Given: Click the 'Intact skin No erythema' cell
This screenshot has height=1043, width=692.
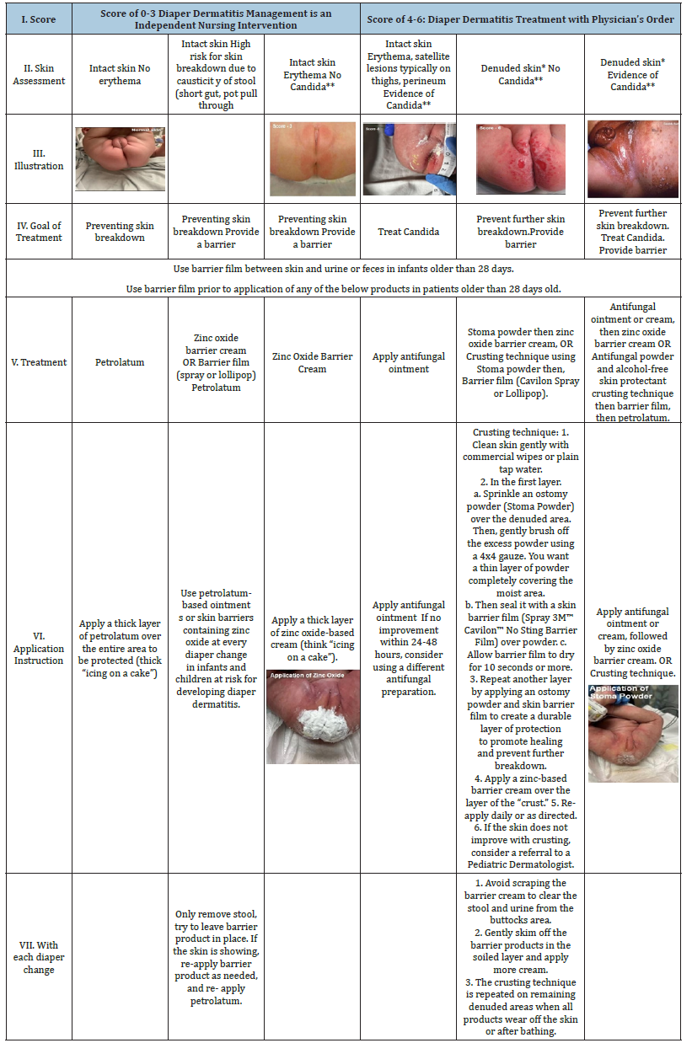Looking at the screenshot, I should coord(121,74).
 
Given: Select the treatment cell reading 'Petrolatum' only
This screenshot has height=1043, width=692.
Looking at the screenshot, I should coord(121,362).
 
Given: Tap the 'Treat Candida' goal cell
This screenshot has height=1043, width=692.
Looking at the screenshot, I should coord(408,232).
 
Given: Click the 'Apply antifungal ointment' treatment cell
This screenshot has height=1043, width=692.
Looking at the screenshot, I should coord(408,362).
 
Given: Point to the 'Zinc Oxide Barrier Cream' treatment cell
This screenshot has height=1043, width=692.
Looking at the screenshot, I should coord(312,362).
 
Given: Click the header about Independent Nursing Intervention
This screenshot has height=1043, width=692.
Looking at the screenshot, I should coord(216,18).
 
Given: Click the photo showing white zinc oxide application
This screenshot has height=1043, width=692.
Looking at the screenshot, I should coord(313,716).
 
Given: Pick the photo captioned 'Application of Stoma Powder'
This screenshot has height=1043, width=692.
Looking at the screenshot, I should coord(633,733).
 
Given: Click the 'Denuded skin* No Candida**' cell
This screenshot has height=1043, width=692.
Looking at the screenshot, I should coord(520,74).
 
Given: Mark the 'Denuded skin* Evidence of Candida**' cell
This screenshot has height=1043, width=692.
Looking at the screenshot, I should coord(632,74).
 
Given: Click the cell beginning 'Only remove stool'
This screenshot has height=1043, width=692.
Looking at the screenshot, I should coord(216,957).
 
